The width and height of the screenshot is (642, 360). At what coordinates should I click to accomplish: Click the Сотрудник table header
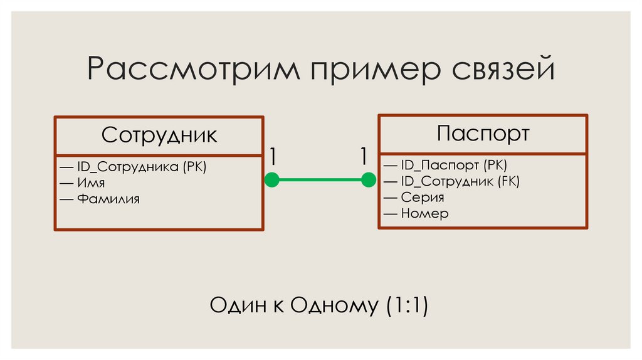[159, 135]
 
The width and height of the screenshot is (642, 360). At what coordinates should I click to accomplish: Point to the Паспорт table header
[483, 133]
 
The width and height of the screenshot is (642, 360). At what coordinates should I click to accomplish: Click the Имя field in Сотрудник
[91, 183]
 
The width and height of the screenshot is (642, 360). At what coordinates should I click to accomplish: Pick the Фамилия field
[108, 199]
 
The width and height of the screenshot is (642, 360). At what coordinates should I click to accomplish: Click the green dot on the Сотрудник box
[271, 180]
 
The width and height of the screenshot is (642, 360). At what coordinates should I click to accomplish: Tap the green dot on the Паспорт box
[369, 180]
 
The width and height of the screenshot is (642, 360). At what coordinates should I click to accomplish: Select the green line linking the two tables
[320, 180]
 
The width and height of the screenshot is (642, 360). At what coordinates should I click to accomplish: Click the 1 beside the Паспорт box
[364, 156]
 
